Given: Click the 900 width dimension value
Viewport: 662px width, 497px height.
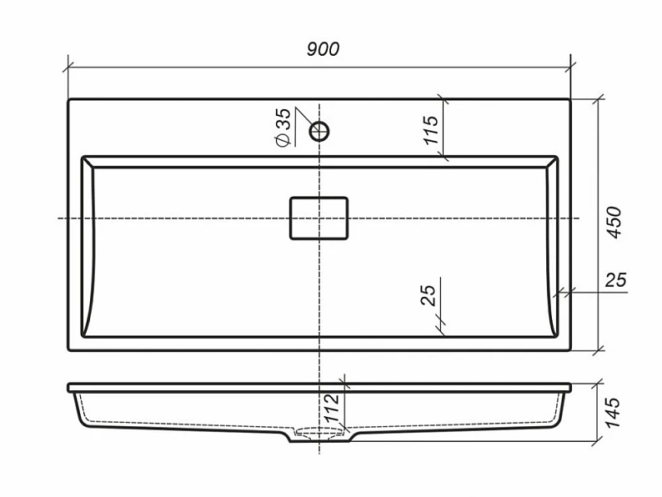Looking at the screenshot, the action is pyautogui.click(x=323, y=49).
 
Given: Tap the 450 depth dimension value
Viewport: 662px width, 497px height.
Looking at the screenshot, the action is pyautogui.click(x=614, y=223).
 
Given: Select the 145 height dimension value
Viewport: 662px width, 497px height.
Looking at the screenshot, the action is pyautogui.click(x=612, y=413).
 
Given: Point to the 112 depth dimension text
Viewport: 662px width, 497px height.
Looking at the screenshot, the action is pyautogui.click(x=332, y=408).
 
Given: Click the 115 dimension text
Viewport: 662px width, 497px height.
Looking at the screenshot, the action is pyautogui.click(x=432, y=130).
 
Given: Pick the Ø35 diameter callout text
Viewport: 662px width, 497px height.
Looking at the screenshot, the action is pyautogui.click(x=283, y=127).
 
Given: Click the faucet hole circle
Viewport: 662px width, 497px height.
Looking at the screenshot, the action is pyautogui.click(x=319, y=131).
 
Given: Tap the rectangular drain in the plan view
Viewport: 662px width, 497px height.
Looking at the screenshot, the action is pyautogui.click(x=318, y=218).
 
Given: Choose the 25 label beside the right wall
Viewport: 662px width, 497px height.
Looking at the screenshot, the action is pyautogui.click(x=615, y=280).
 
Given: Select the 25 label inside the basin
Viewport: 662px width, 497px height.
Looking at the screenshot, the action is pyautogui.click(x=428, y=295).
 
